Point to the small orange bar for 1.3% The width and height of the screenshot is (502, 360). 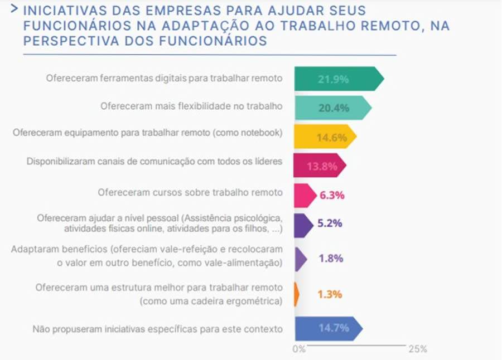296,294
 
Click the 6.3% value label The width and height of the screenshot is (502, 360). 331,195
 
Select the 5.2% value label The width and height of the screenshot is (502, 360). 330,224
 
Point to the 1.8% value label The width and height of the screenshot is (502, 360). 330,259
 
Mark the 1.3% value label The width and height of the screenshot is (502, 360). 330,294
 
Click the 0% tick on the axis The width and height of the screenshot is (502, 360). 299,349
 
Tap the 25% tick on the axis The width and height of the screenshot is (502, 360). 417,349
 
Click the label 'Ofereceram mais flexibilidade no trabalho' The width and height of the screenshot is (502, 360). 191,106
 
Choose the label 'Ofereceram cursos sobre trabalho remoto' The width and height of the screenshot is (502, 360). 190,193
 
